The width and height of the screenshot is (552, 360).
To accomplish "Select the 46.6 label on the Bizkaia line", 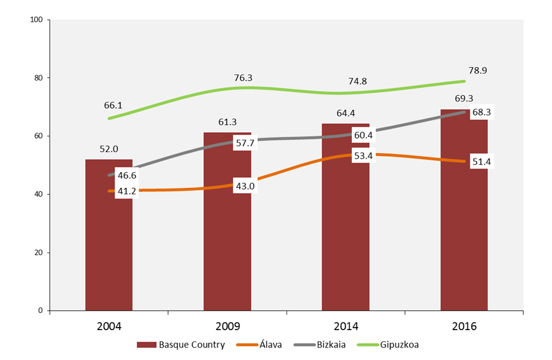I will coord(126,175).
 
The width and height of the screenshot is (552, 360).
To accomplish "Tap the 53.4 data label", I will coord(362,155).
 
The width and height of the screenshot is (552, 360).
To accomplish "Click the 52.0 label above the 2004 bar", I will coord(109,149).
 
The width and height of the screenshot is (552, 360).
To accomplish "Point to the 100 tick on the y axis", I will coord(36,20).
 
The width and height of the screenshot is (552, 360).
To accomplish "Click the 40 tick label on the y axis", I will coord(39,194).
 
